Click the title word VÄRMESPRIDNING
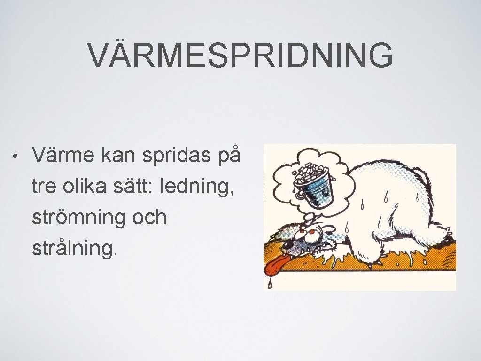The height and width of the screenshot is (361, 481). [240, 55]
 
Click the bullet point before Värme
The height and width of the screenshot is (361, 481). [16, 156]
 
